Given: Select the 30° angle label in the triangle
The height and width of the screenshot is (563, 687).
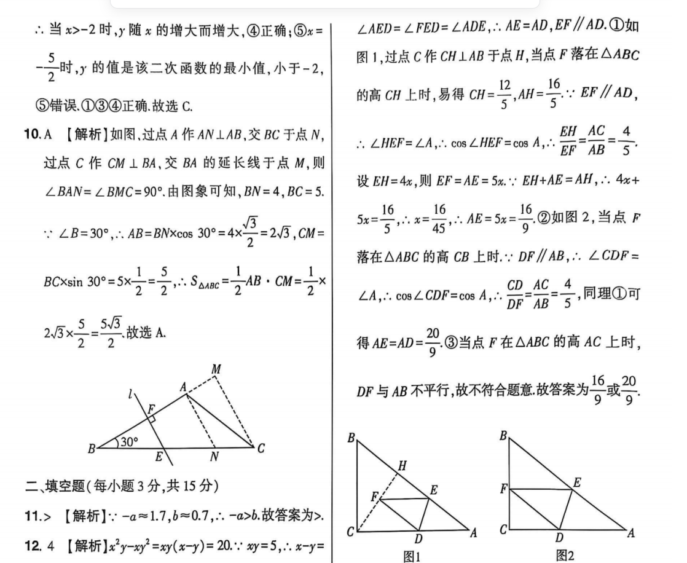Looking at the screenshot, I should coord(129,441).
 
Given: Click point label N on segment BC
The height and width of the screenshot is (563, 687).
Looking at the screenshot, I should coord(214,457).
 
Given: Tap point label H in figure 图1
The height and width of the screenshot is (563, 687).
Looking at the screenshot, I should coord(402,466).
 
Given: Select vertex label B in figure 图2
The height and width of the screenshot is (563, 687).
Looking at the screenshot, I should coord(503,436).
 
